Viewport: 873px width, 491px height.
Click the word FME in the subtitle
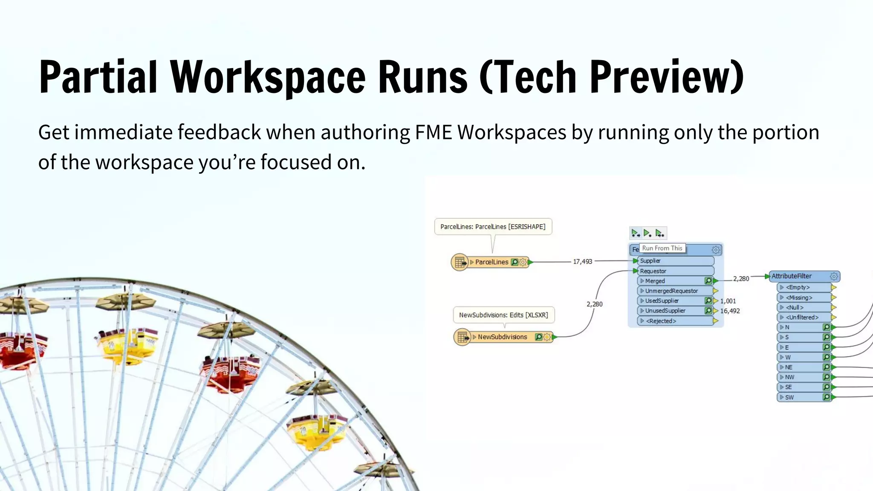pyautogui.click(x=433, y=132)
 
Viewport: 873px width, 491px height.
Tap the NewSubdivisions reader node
pyautogui.click(x=502, y=337)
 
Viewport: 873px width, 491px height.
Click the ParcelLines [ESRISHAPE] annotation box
pyautogui.click(x=493, y=227)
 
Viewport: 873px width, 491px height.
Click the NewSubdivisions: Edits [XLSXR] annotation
pyautogui.click(x=503, y=315)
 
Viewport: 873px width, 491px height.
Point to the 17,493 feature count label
pyautogui.click(x=582, y=262)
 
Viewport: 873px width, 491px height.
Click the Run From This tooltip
pyautogui.click(x=662, y=248)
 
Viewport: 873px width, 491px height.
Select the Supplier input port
pyautogui.click(x=650, y=261)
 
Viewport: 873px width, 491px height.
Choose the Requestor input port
pyautogui.click(x=653, y=271)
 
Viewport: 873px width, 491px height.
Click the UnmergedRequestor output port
pyautogui.click(x=671, y=291)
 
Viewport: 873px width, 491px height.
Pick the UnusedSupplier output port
pyautogui.click(x=665, y=311)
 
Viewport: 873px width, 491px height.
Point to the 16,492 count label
pyautogui.click(x=730, y=311)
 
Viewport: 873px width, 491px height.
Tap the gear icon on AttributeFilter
pyautogui.click(x=834, y=277)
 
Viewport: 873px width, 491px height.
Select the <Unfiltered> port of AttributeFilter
pyautogui.click(x=802, y=317)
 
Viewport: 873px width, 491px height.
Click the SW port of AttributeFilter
pyautogui.click(x=789, y=397)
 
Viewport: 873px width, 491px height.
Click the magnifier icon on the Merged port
pyautogui.click(x=708, y=281)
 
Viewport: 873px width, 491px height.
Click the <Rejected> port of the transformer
pyautogui.click(x=661, y=321)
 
